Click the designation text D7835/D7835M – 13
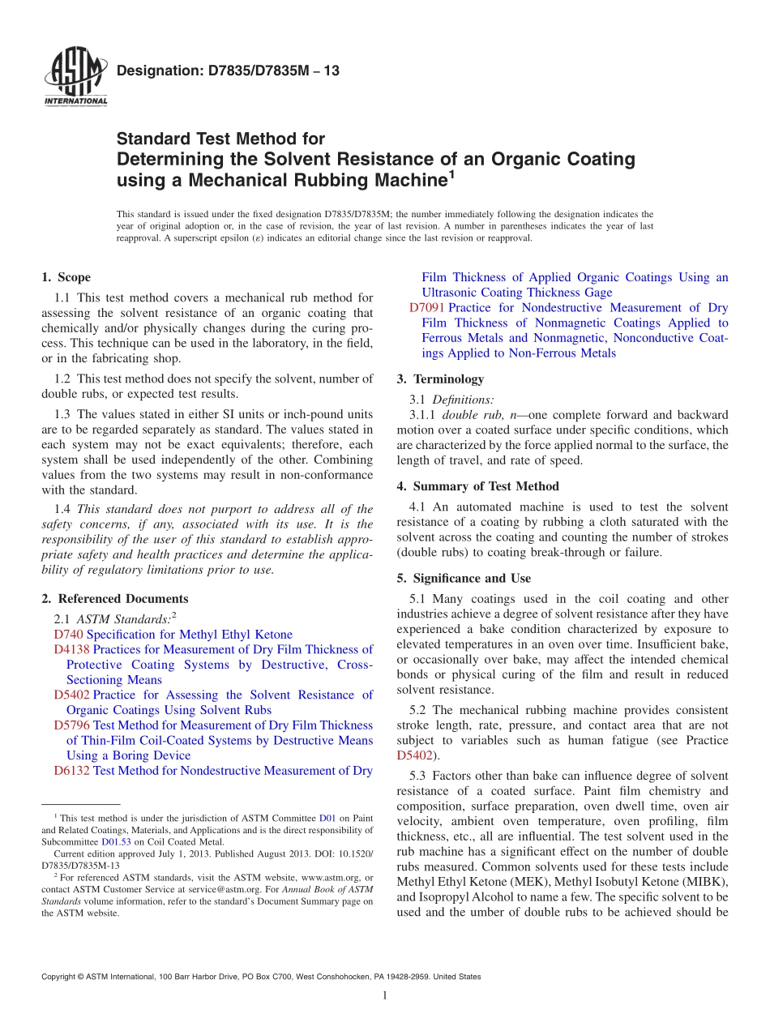point(228,71)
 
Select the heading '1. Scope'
point(66,277)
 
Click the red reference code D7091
point(426,308)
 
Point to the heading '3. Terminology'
point(440,379)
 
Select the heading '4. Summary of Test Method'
point(477,487)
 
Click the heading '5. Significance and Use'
point(464,579)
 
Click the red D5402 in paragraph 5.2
point(414,755)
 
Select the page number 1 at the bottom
point(385,995)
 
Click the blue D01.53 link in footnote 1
point(114,842)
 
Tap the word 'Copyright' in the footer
point(61,977)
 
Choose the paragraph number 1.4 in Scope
point(62,510)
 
